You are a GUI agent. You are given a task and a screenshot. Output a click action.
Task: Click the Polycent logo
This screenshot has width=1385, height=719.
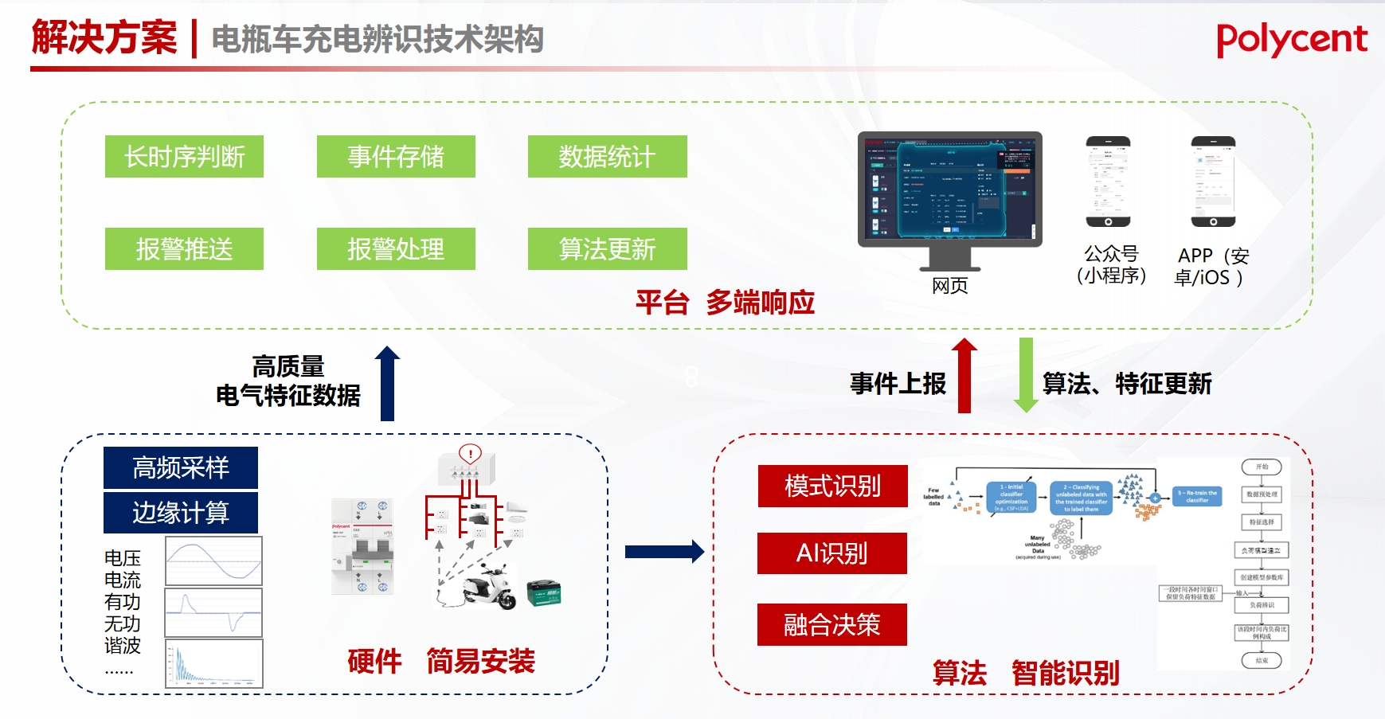tap(1291, 40)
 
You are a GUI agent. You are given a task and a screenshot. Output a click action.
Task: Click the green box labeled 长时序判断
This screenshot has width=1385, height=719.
tap(184, 156)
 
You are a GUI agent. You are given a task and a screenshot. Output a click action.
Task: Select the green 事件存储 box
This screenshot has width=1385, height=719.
tap(396, 156)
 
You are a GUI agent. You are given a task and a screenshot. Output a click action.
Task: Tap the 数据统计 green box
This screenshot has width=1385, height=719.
tap(607, 156)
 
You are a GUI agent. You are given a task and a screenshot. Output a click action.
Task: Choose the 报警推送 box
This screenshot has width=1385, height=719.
tap(184, 248)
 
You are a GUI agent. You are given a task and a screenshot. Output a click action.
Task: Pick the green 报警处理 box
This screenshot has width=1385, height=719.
tap(396, 248)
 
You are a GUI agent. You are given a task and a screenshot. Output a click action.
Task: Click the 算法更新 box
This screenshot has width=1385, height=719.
tap(607, 248)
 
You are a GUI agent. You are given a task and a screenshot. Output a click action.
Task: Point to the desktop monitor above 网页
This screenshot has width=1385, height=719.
tap(949, 191)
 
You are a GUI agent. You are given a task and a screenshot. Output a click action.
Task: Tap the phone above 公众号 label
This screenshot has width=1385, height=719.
tap(1108, 182)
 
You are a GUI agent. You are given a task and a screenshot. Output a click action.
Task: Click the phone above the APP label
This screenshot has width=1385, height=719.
tap(1213, 182)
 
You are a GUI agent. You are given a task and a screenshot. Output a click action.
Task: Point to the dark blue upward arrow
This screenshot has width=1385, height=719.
tap(387, 384)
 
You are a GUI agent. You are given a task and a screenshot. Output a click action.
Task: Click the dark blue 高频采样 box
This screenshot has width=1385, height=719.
tap(181, 467)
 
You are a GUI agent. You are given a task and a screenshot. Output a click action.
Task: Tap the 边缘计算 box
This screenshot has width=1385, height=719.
tap(181, 512)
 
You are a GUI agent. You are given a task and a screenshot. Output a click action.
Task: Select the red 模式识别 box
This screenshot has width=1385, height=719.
tap(832, 486)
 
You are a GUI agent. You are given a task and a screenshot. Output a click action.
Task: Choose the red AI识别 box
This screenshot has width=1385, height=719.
tap(832, 553)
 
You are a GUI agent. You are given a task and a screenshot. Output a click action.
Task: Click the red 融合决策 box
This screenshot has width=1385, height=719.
tap(832, 624)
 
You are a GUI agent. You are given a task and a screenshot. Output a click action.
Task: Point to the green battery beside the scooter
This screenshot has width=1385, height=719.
tap(544, 592)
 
